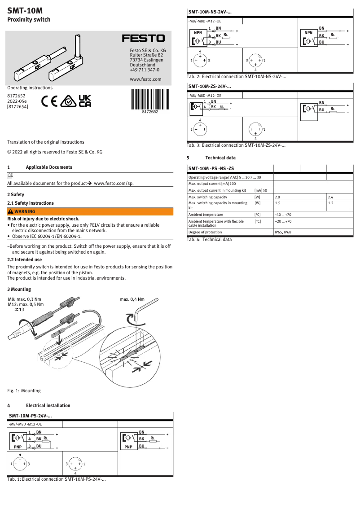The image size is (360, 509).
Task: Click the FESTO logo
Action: tap(144, 39)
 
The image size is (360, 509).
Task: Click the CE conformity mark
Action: tap(49, 101)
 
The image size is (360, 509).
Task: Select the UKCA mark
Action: tap(85, 101)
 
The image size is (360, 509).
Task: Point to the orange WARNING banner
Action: tap(90, 211)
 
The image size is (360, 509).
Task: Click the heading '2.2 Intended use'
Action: tap(25, 259)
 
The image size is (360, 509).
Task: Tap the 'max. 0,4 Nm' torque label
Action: tap(132, 299)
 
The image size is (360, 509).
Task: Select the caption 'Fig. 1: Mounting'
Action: tap(24, 391)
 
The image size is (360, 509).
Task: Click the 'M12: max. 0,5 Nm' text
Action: tap(26, 304)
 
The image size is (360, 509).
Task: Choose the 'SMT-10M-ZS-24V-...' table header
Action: tap(210, 86)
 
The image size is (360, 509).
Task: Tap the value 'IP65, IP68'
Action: tap(283, 232)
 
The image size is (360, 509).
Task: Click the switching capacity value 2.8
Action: tap(277, 197)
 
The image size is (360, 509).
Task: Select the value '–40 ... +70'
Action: tap(283, 215)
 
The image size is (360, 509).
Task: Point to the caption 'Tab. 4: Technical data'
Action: tap(209, 240)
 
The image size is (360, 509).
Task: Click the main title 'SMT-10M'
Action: tap(25, 9)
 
